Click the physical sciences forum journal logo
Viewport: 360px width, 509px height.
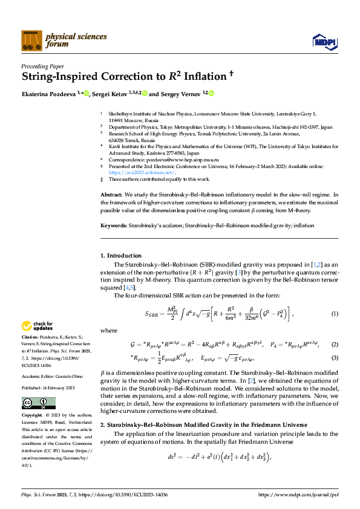coord(64,40)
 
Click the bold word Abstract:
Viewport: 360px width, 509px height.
coord(111,194)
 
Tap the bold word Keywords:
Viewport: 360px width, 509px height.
coord(113,225)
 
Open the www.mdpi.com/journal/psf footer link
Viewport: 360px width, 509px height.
coord(300,494)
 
